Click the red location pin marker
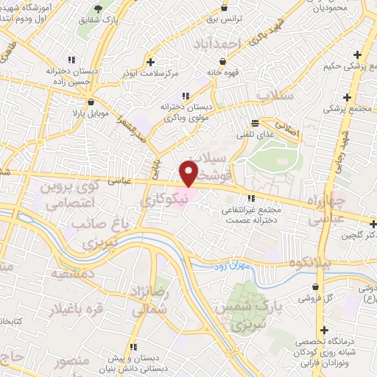[189, 173]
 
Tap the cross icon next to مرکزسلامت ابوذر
[151, 62]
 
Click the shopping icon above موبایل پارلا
[91, 102]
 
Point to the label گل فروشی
[314, 300]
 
